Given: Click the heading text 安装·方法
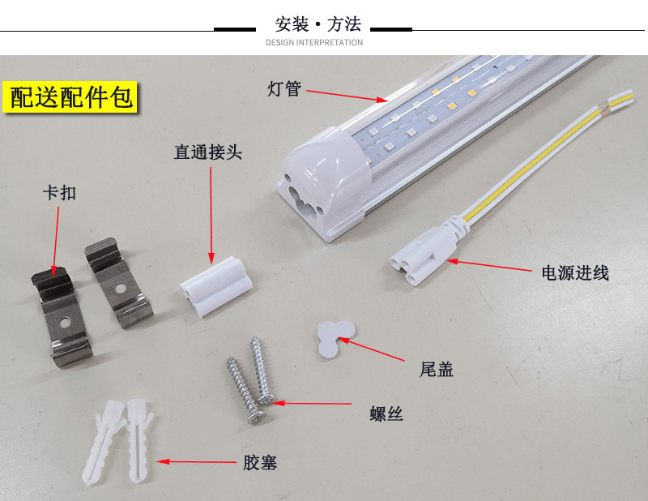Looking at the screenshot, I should coord(318,24).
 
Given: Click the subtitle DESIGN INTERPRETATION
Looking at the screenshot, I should coord(314,42).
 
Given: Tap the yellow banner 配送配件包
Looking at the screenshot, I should coord(71,97).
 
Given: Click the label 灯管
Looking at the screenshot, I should coord(283,88).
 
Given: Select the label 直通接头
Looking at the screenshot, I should coord(208,153).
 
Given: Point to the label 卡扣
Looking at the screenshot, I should coord(59,194).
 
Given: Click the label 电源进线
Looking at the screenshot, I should coord(575,273).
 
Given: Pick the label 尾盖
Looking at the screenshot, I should coord(437,370).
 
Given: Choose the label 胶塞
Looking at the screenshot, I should coord(260,463).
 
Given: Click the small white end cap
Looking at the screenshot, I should coord(333,335).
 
